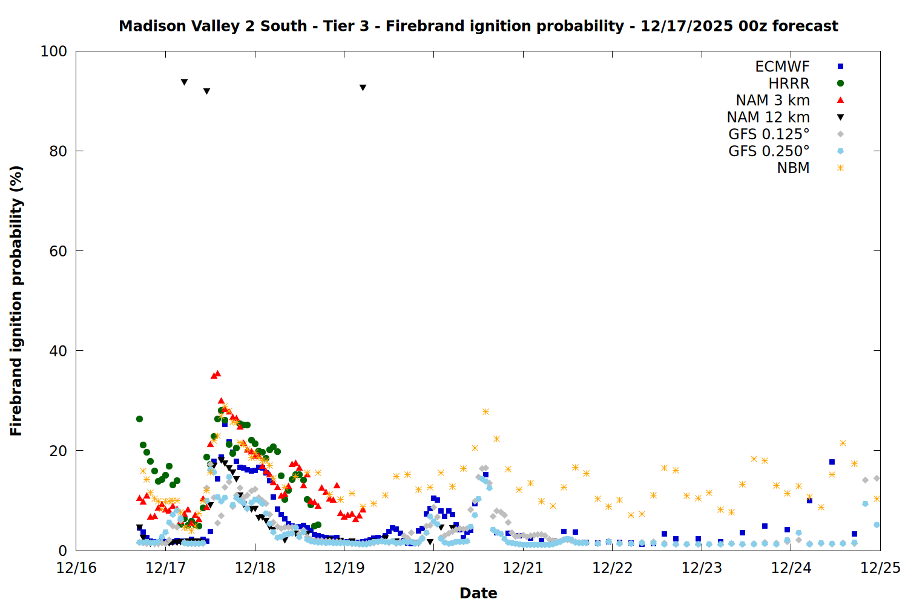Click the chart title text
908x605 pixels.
pos(478,26)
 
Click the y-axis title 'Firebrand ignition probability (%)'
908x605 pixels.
pos(16,301)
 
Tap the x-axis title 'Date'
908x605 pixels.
pos(478,593)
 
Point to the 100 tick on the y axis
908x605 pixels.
pos(54,51)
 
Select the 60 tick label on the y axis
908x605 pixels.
pos(58,251)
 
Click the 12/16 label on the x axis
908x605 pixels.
pos(76,568)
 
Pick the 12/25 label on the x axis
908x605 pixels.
pos(880,568)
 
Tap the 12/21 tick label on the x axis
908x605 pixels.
pos(523,568)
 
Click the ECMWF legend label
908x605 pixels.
pos(782,67)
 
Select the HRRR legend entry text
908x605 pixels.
pos(789,83)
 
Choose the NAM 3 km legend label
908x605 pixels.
pos(772,100)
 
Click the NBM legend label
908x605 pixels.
pos(793,168)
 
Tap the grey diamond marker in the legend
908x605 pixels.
pos(840,134)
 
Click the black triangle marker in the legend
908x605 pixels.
pos(840,117)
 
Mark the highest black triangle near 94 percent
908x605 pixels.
pos(184,82)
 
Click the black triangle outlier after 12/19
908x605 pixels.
pos(363,88)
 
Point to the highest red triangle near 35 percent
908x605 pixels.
pos(217,374)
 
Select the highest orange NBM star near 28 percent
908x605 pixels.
pos(485,412)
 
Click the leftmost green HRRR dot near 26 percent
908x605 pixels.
pos(139,419)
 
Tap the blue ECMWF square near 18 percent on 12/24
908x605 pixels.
pos(832,462)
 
